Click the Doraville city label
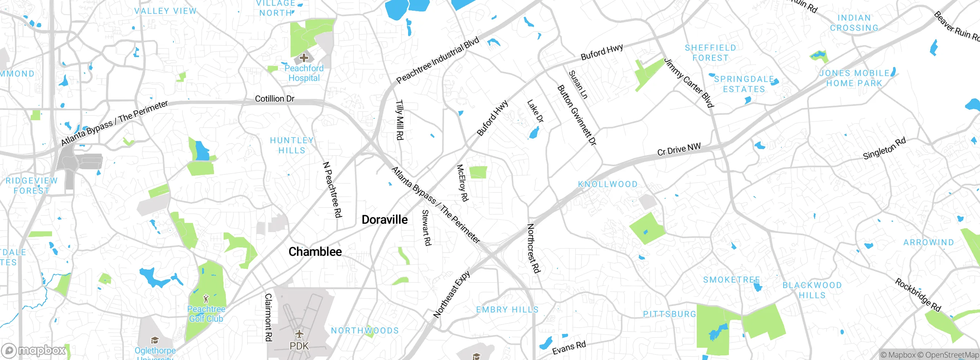(x=385, y=220)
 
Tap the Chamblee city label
(x=315, y=252)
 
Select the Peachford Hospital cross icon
(x=304, y=58)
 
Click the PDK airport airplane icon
(x=299, y=334)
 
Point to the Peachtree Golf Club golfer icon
(x=206, y=298)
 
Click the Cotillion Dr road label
(x=274, y=99)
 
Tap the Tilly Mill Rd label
(x=399, y=120)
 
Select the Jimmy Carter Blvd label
(x=689, y=83)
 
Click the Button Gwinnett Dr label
(x=577, y=115)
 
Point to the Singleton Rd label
(x=884, y=148)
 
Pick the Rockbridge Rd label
(x=918, y=295)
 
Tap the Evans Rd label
(x=569, y=347)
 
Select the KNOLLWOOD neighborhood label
(x=608, y=184)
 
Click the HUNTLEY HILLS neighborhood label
(x=292, y=146)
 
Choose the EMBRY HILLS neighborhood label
(x=507, y=309)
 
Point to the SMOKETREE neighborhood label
(x=731, y=280)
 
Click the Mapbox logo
(x=34, y=350)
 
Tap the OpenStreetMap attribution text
(x=951, y=355)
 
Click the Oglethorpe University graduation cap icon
(x=155, y=340)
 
